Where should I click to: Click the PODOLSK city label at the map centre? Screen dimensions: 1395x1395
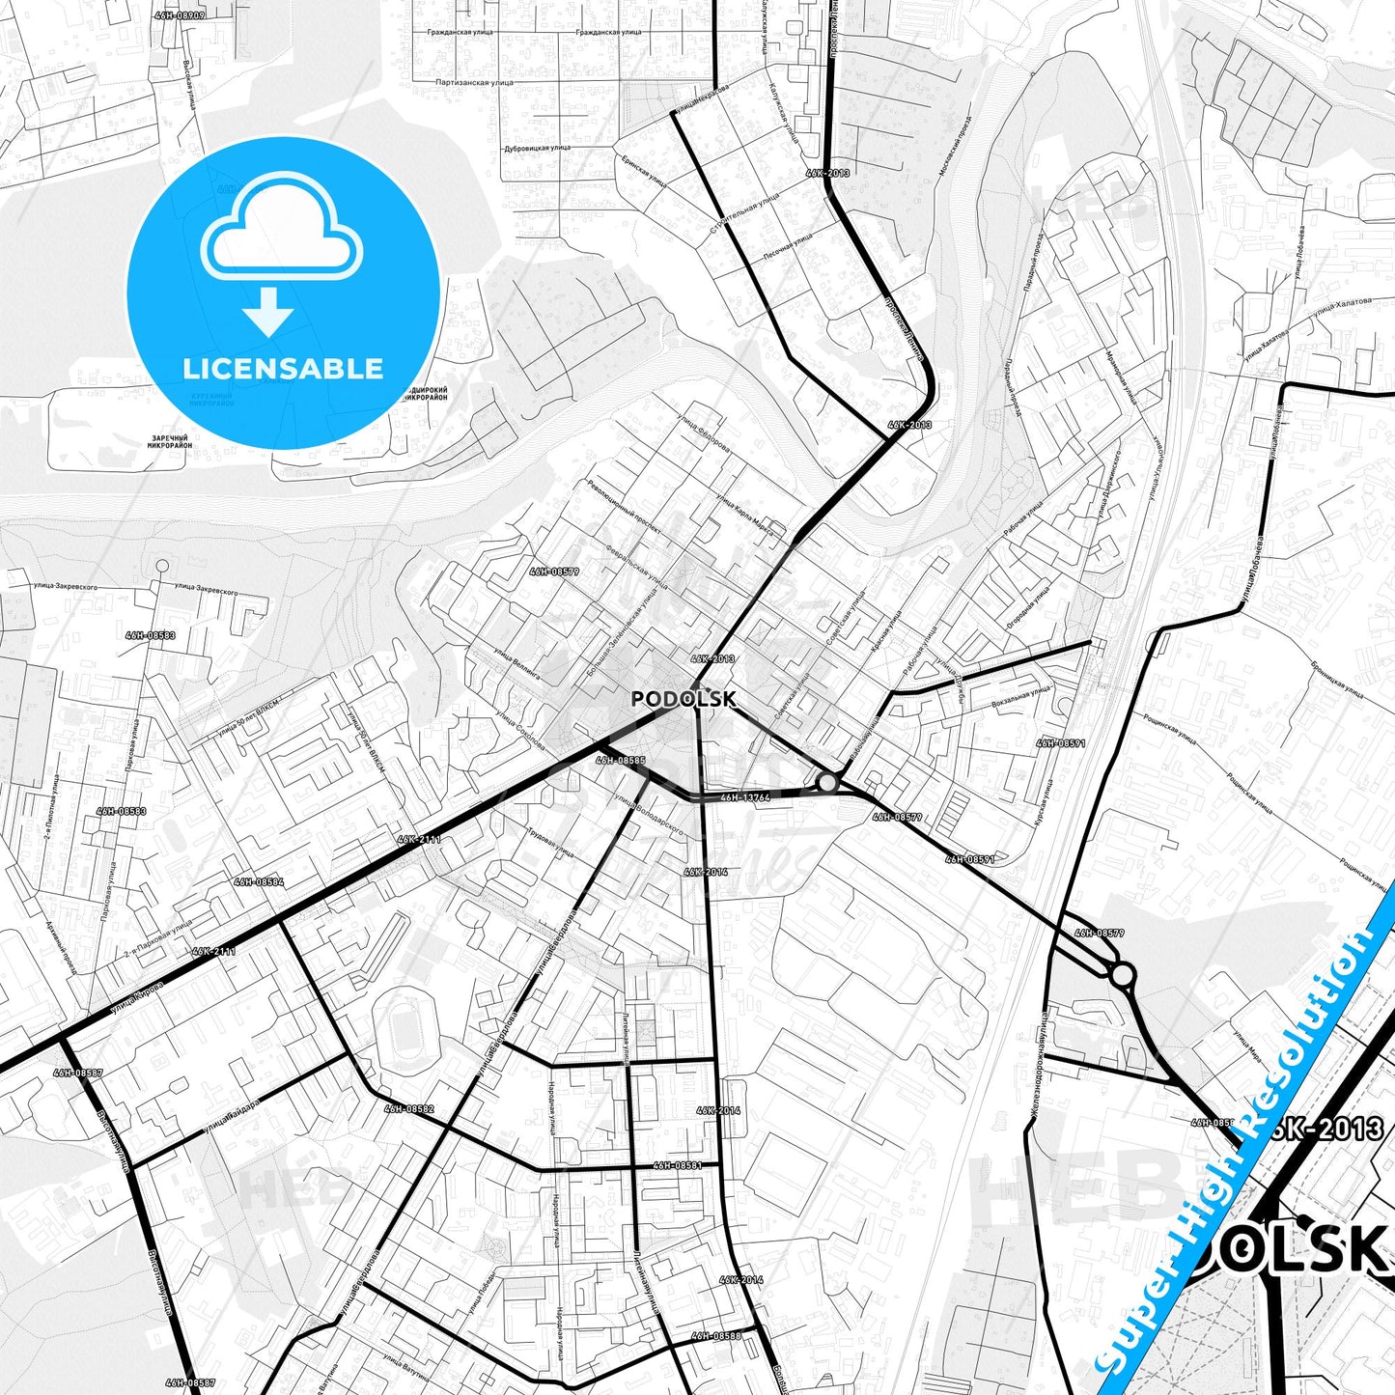coord(684,699)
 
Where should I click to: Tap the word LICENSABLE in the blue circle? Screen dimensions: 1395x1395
coord(283,369)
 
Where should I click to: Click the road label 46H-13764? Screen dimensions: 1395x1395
coord(744,797)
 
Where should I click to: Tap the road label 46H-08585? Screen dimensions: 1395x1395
coord(621,761)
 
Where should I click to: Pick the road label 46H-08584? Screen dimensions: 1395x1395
coord(259,881)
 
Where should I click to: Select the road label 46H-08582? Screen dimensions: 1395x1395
coord(409,1109)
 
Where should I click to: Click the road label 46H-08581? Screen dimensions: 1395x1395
coord(678,1165)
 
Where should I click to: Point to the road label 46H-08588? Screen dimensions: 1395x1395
coord(715,1336)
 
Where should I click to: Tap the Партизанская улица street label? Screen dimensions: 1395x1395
coord(474,83)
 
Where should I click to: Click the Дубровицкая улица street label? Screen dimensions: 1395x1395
coord(536,149)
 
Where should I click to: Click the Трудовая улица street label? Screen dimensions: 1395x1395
coord(550,843)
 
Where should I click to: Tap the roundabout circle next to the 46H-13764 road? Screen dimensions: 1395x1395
coord(827,782)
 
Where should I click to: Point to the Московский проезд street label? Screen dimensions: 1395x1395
coord(955,145)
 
